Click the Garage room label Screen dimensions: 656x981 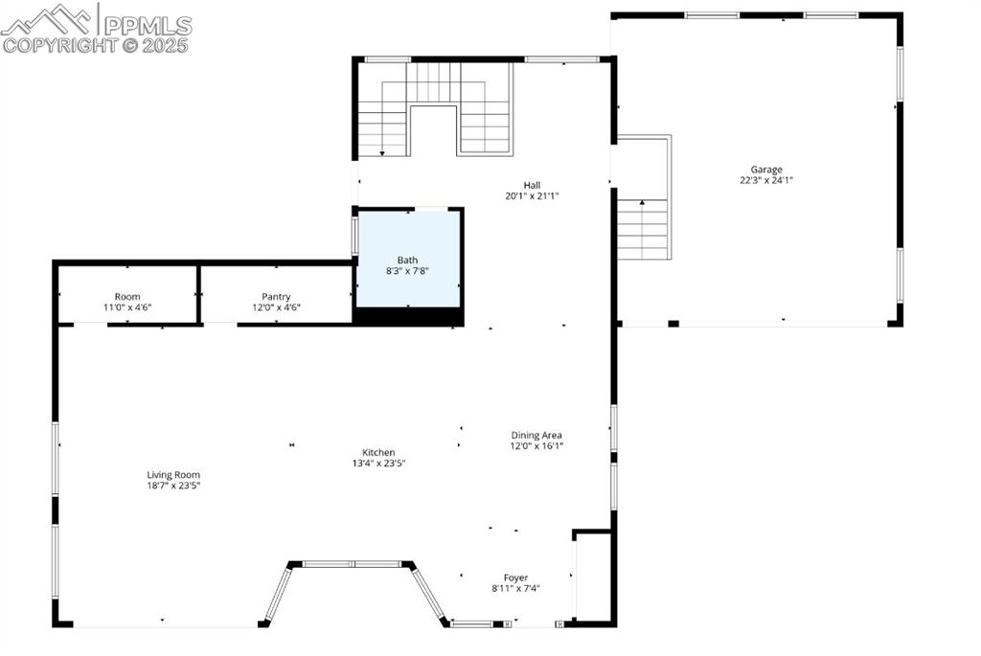pyautogui.click(x=766, y=170)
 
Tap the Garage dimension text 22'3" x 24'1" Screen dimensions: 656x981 pyautogui.click(x=766, y=180)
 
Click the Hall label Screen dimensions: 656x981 pyautogui.click(x=532, y=185)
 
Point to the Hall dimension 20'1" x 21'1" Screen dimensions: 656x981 pyautogui.click(x=532, y=195)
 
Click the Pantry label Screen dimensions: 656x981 pyautogui.click(x=276, y=297)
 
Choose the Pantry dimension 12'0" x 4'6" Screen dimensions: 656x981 pyautogui.click(x=276, y=307)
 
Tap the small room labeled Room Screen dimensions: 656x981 pyautogui.click(x=127, y=297)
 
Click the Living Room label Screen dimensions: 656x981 pyautogui.click(x=173, y=474)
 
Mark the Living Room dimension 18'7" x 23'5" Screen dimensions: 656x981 pyautogui.click(x=173, y=485)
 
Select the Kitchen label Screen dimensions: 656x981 pyautogui.click(x=378, y=453)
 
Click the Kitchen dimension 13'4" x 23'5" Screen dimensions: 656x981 pyautogui.click(x=378, y=464)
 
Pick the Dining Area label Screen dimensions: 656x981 pyautogui.click(x=536, y=435)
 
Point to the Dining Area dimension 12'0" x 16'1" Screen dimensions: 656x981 pyautogui.click(x=536, y=445)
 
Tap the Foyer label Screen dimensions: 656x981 pyautogui.click(x=516, y=577)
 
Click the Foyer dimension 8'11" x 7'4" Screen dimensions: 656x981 pyautogui.click(x=516, y=588)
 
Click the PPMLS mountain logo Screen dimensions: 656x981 pyautogui.click(x=48, y=18)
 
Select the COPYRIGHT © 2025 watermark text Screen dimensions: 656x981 pyautogui.click(x=96, y=44)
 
